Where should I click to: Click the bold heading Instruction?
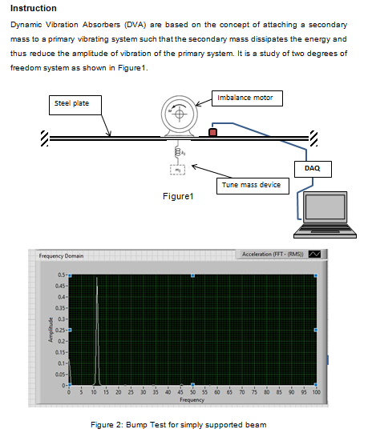coord(33,8)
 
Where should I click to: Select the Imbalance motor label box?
coord(245,98)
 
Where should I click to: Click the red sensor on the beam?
coord(212,131)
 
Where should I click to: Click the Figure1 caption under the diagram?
coord(178,196)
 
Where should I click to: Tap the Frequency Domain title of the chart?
coord(61,255)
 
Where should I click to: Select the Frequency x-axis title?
coord(192,399)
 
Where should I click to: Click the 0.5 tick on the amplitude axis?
coord(61,275)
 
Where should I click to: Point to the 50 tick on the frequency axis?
coord(192,393)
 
